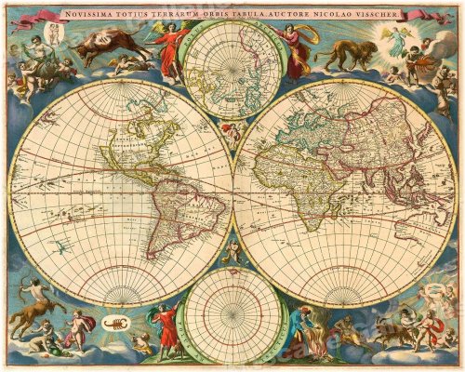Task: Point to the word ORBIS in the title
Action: pos(214,16)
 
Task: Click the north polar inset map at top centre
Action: pos(231,70)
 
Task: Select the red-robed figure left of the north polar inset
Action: pos(170,51)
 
